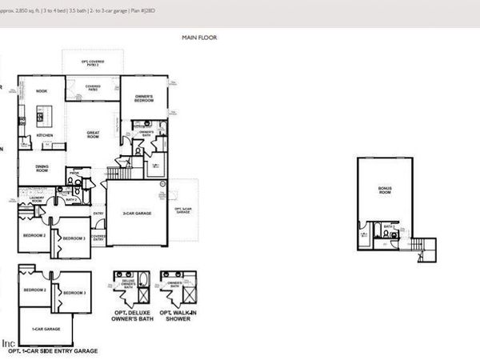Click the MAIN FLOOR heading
tap(199, 38)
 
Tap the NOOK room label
tap(42, 91)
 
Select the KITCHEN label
tap(46, 136)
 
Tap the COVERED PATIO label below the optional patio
tap(93, 86)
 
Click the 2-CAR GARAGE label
tap(134, 213)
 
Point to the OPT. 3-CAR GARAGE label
tap(183, 210)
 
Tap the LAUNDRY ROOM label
tap(35, 200)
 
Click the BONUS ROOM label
tap(385, 191)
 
